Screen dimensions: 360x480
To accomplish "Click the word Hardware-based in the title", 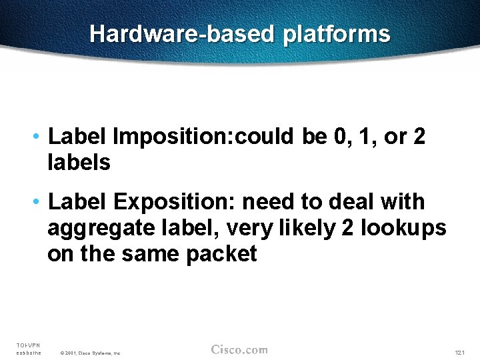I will click(182, 34).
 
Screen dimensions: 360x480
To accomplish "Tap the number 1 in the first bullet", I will click(367, 137).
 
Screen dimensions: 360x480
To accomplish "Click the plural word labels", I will click(79, 162).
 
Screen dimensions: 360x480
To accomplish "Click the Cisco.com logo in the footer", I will click(239, 350).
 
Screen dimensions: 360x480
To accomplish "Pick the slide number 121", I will click(459, 352).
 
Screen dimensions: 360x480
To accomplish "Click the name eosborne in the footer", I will click(28, 352).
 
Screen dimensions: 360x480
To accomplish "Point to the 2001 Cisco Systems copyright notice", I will click(90, 353).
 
